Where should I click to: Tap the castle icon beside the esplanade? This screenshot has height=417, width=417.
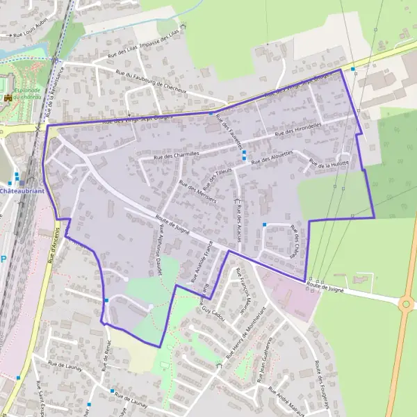click(8, 97)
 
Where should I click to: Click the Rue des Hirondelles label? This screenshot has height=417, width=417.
click(298, 129)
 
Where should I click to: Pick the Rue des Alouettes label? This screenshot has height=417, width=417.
click(272, 157)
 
